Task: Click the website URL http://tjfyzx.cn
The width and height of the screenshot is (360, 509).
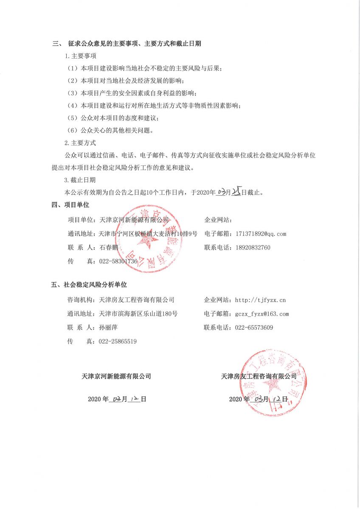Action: pos(260,300)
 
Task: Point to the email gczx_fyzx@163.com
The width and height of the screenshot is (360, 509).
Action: pos(262,314)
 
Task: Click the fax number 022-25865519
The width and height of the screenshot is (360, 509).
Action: pos(118,341)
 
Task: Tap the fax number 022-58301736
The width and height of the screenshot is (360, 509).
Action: pos(118,262)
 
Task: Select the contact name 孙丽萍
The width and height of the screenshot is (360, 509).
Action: pos(108,327)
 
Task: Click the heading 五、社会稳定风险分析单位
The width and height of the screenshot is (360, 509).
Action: pos(89,285)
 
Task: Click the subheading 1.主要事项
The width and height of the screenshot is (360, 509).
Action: pos(80,56)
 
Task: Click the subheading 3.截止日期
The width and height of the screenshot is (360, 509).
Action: pos(80,180)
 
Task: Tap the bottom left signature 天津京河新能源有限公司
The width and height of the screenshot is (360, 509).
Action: pos(116,376)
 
